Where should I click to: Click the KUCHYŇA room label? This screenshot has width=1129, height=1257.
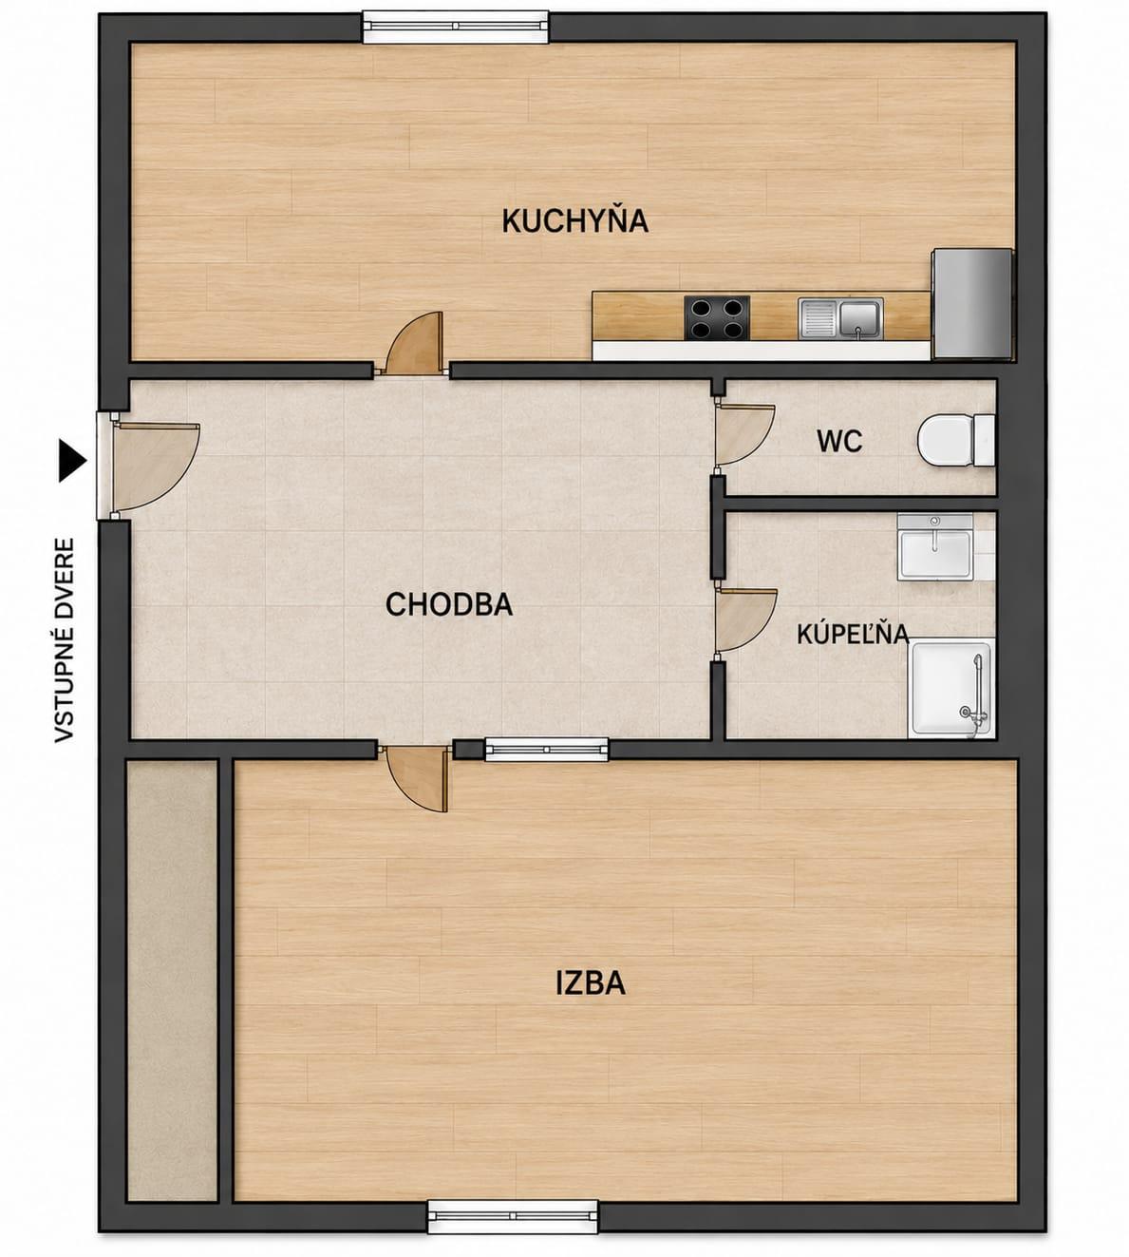pyautogui.click(x=574, y=220)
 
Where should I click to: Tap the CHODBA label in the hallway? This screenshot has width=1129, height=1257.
pyautogui.click(x=449, y=604)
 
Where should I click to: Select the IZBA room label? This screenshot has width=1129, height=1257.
pyautogui.click(x=591, y=983)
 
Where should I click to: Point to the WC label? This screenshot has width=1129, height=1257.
pyautogui.click(x=839, y=441)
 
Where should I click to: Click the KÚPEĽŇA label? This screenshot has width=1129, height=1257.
pyautogui.click(x=854, y=634)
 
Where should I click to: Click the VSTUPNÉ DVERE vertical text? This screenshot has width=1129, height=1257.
pyautogui.click(x=65, y=640)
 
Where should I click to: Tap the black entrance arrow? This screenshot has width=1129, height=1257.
pyautogui.click(x=72, y=461)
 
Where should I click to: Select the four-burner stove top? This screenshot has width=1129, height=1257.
pyautogui.click(x=717, y=318)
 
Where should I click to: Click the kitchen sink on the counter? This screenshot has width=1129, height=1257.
pyautogui.click(x=840, y=318)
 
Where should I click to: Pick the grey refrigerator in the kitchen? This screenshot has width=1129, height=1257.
pyautogui.click(x=972, y=303)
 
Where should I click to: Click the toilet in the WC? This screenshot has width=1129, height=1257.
pyautogui.click(x=956, y=439)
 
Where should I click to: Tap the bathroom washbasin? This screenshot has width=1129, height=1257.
pyautogui.click(x=935, y=546)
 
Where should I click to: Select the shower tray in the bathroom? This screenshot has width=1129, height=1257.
pyautogui.click(x=950, y=689)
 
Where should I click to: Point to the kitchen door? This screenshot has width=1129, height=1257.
pyautogui.click(x=415, y=343)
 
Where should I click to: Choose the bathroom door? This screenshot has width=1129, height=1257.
pyautogui.click(x=745, y=620)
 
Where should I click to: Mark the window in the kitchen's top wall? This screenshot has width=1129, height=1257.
pyautogui.click(x=456, y=27)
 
